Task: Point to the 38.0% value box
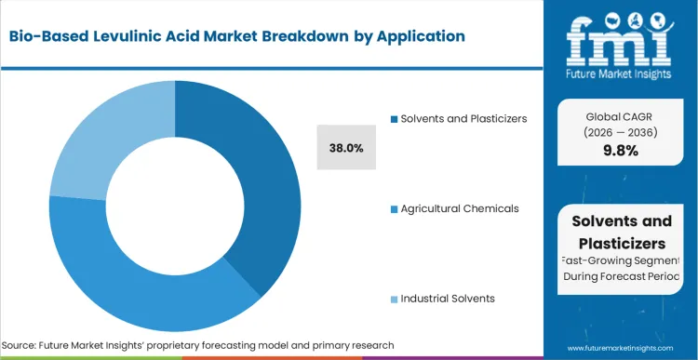(346, 148)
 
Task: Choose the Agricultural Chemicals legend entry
(459, 208)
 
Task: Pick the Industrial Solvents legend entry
(448, 299)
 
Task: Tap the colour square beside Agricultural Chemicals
(395, 208)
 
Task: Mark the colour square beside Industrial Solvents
(395, 299)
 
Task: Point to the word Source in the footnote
(20, 345)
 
